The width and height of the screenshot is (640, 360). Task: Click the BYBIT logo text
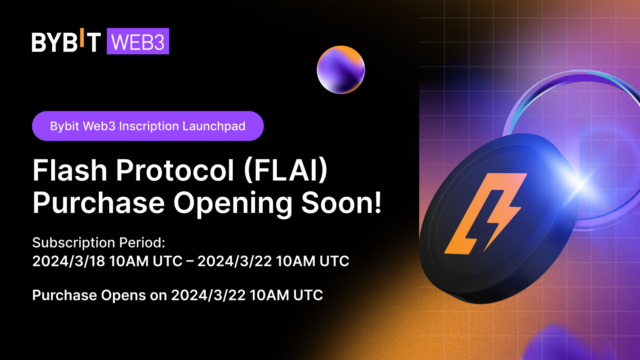pyautogui.click(x=66, y=42)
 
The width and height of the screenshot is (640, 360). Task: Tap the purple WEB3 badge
pyautogui.click(x=138, y=42)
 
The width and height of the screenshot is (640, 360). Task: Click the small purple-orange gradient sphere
pyautogui.click(x=341, y=70)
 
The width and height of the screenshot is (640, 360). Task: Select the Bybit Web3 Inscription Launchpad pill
pyautogui.click(x=148, y=126)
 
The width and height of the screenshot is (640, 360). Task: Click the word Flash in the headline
pyautogui.click(x=70, y=170)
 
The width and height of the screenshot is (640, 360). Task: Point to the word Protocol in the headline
pyautogui.click(x=175, y=170)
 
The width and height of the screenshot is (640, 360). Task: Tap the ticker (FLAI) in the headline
pyautogui.click(x=286, y=170)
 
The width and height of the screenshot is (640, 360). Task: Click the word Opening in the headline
pyautogui.click(x=233, y=203)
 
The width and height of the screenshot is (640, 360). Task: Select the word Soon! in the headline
pyautogui.click(x=341, y=202)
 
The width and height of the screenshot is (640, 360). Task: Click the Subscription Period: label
pyautogui.click(x=99, y=242)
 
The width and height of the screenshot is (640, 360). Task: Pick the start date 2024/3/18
pyautogui.click(x=68, y=261)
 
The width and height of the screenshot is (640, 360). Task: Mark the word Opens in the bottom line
pyautogui.click(x=123, y=296)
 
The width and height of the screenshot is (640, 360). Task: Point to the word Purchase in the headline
pyautogui.click(x=98, y=203)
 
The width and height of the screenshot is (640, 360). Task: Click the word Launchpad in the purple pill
pyautogui.click(x=214, y=126)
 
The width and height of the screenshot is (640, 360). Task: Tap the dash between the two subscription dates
pyautogui.click(x=190, y=261)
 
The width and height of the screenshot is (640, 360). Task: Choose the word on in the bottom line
pyautogui.click(x=158, y=296)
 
